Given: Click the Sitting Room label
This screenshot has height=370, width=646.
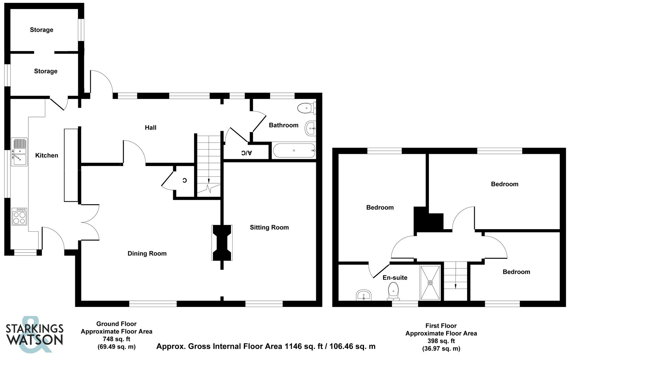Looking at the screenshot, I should [269, 227].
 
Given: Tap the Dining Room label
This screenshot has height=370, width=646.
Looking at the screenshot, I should [147, 254].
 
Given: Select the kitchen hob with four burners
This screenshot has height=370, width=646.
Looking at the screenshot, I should [19, 217].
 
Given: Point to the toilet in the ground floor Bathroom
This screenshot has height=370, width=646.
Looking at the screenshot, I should [306, 108].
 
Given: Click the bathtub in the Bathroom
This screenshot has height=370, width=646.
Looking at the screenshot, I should [294, 151].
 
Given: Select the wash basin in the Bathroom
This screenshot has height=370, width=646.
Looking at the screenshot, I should [310, 129].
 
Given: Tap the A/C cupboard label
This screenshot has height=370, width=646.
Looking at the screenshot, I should [246, 153].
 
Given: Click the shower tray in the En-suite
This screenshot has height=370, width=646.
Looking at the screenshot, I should [430, 283].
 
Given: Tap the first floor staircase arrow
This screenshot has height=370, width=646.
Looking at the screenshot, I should [455, 285].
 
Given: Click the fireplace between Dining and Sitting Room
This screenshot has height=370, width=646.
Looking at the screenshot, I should [222, 243].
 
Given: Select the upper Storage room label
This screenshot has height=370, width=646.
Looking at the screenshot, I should [42, 30].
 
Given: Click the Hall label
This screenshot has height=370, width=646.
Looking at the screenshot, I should [151, 128].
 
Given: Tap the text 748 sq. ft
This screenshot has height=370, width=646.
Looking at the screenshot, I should [117, 339].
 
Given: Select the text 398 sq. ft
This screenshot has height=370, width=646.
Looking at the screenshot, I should [441, 341].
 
